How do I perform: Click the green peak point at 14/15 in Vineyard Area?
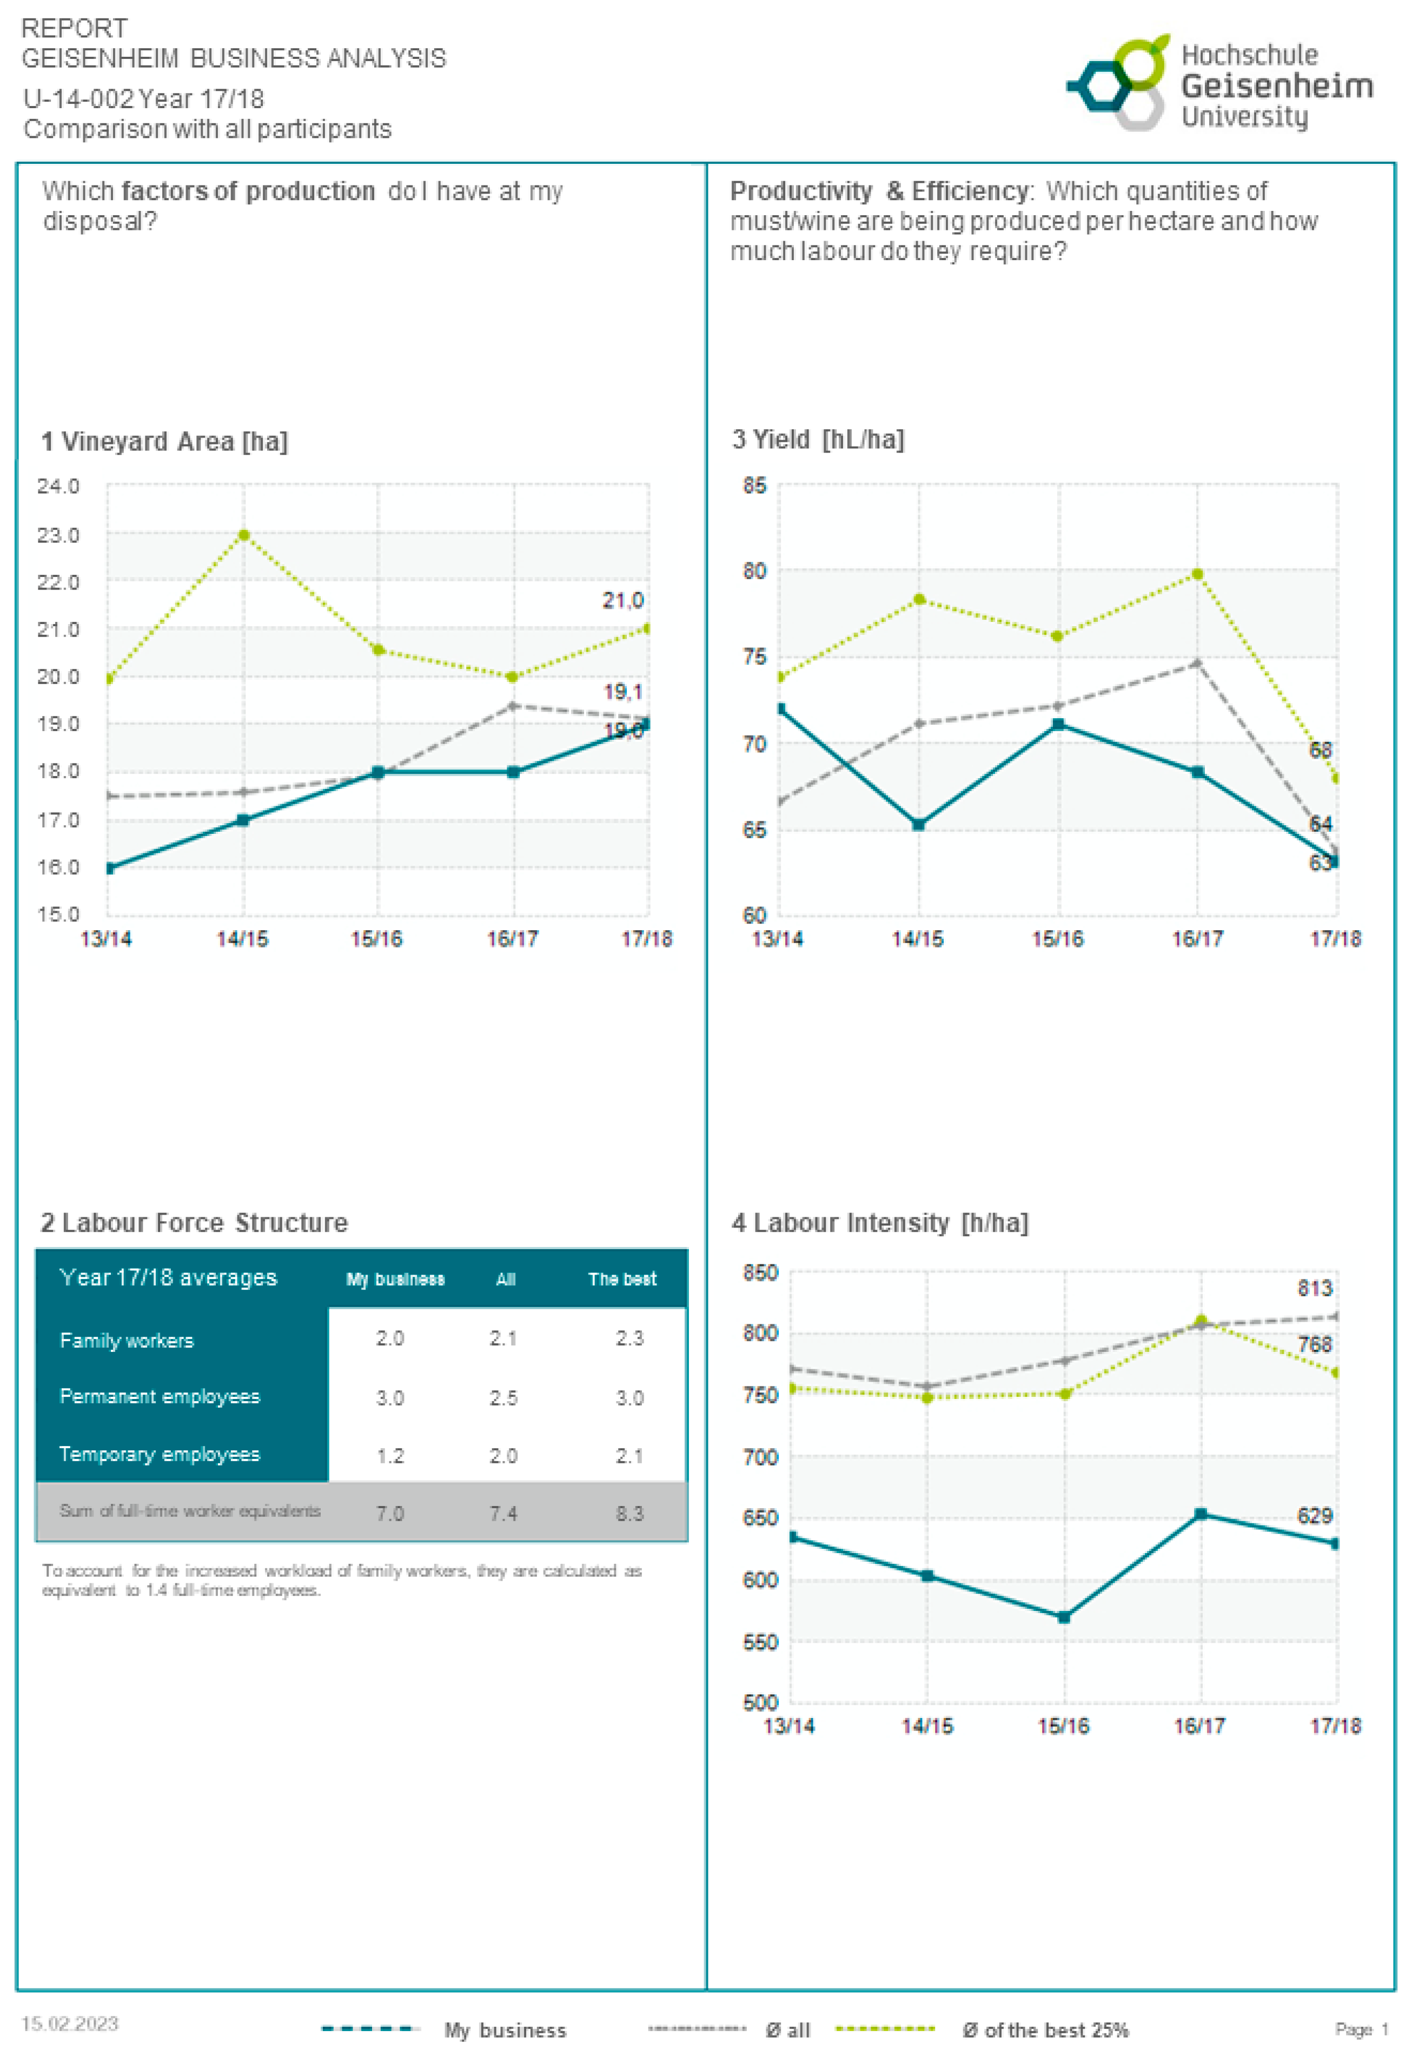pos(243,534)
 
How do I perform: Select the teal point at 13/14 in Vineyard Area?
pos(109,868)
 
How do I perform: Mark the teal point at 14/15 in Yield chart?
pos(918,825)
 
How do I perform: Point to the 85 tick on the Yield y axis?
pos(754,486)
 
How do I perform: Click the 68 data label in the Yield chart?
pos(1319,750)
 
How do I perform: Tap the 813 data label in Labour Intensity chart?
pos(1314,1288)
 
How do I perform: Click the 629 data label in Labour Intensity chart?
pos(1314,1515)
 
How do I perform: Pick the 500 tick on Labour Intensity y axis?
pos(760,1702)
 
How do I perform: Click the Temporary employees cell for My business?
pos(390,1455)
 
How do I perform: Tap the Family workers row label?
pos(127,1340)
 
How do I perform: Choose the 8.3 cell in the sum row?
pos(629,1513)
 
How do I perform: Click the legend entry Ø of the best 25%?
pos(1045,2030)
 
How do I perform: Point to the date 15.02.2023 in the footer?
pos(70,2023)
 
